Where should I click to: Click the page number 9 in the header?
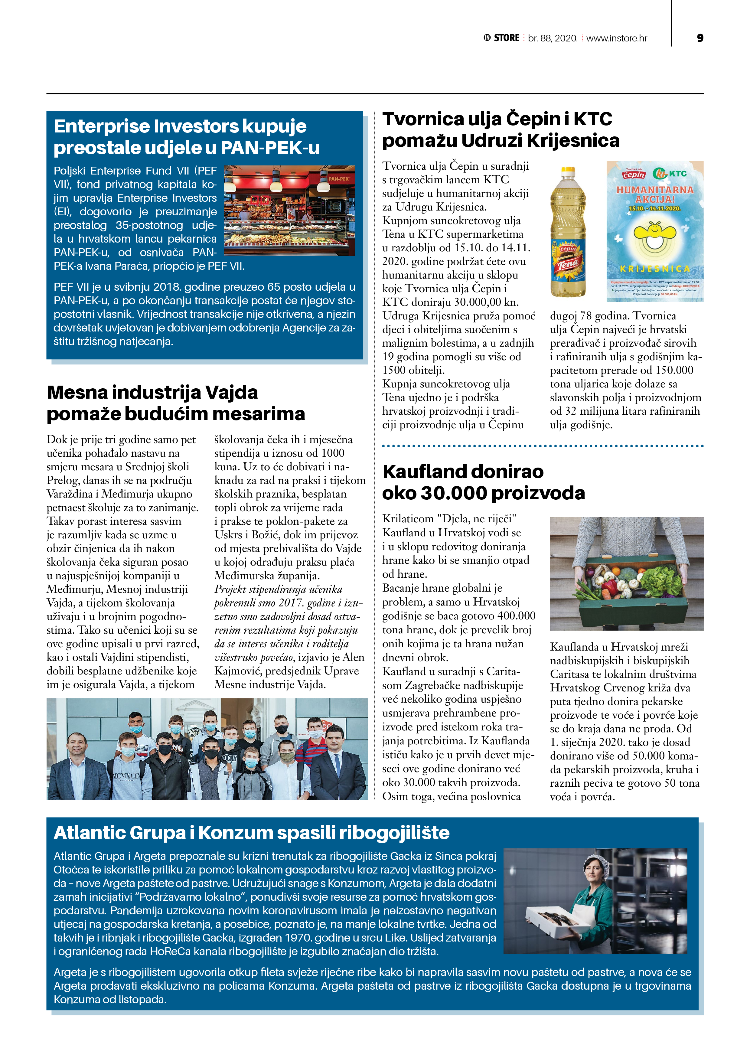pyautogui.click(x=699, y=38)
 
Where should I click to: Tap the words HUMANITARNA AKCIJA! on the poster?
pyautogui.click(x=654, y=194)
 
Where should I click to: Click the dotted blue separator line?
pyautogui.click(x=543, y=446)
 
